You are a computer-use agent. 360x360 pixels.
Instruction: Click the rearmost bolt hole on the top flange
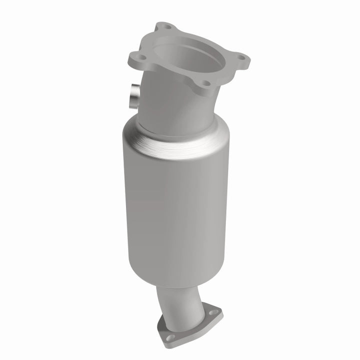tap(168, 27)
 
